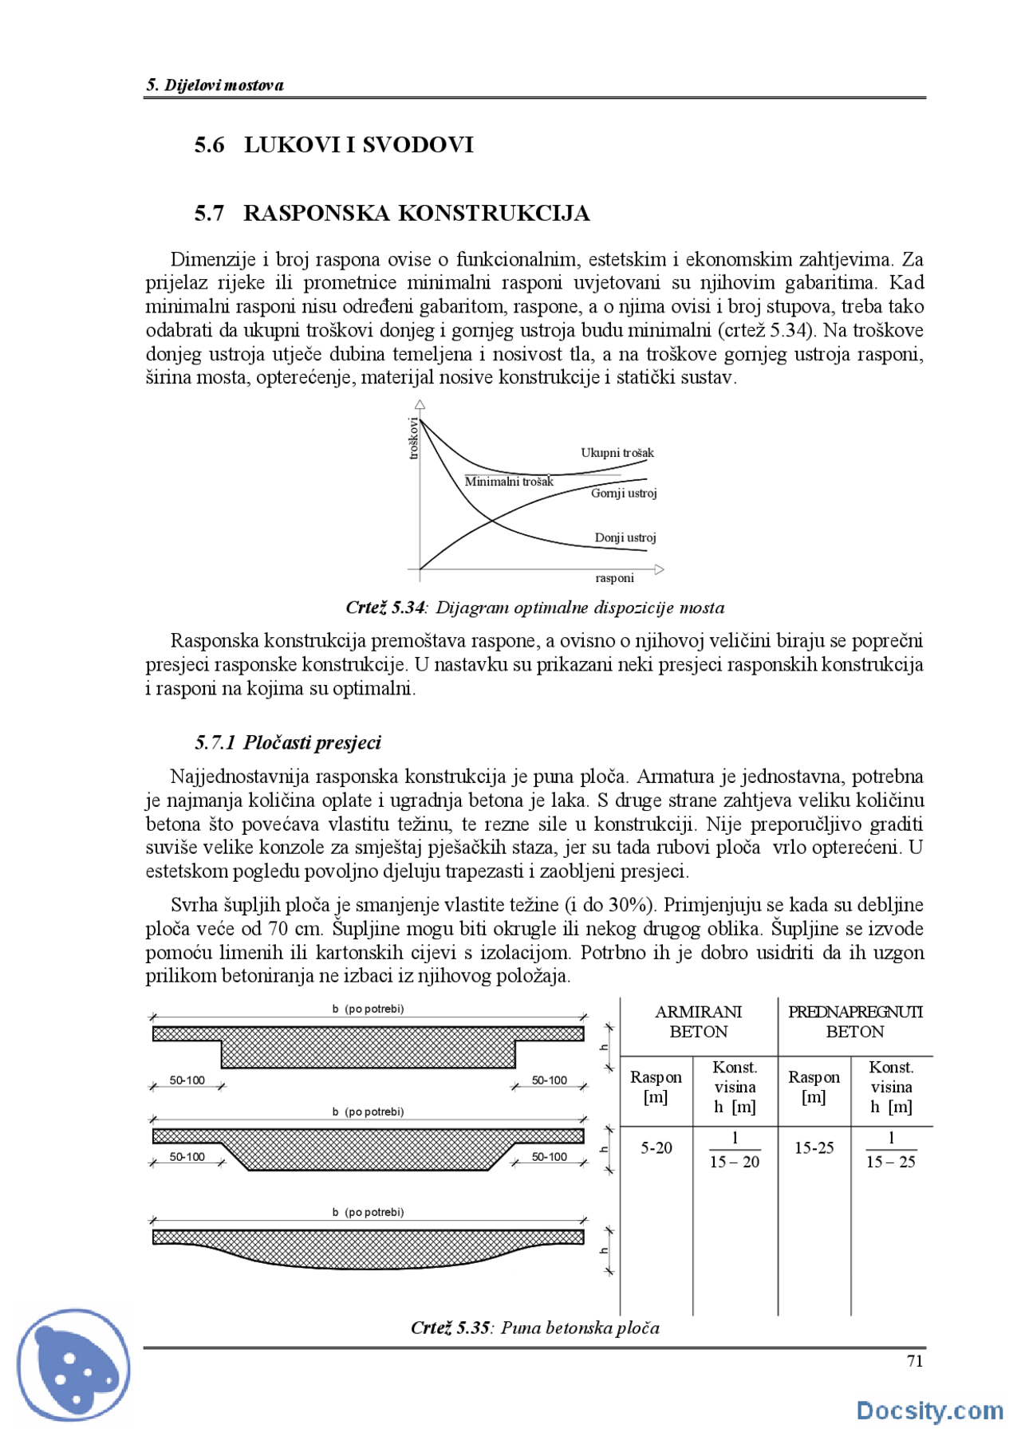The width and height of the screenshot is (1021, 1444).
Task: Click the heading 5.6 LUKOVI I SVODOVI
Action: point(333,145)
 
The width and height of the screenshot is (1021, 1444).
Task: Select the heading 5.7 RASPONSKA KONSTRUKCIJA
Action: point(392,214)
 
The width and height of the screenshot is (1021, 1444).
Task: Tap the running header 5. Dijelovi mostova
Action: point(215,85)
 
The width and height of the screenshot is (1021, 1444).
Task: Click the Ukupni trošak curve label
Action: point(617,453)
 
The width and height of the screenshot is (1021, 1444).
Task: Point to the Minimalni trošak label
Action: point(509,482)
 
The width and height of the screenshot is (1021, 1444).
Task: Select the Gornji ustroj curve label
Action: point(624,494)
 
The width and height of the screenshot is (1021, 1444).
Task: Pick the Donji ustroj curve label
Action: point(625,538)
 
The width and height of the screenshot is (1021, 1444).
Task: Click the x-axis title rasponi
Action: point(614,578)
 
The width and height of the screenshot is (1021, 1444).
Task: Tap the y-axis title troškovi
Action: point(414,438)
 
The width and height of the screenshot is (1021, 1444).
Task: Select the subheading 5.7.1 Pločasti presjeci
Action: point(288,743)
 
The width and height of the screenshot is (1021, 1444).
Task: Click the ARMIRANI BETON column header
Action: point(698,1021)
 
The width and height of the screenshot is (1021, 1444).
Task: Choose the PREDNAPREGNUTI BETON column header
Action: point(854,1021)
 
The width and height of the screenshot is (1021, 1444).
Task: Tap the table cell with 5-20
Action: point(656,1148)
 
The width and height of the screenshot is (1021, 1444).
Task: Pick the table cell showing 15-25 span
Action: point(814,1148)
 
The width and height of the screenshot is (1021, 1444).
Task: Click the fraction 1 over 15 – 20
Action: point(735,1150)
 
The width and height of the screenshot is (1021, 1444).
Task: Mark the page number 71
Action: point(915,1361)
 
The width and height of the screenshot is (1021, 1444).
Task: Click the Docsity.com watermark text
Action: point(929,1411)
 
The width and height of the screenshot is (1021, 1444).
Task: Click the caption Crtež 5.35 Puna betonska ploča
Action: point(534,1328)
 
